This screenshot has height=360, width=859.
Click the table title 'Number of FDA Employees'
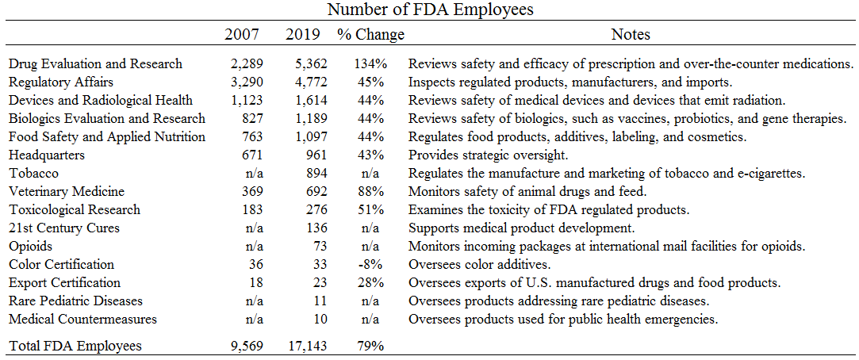(429, 10)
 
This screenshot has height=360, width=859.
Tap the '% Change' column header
(370, 34)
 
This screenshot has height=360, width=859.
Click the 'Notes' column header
(631, 34)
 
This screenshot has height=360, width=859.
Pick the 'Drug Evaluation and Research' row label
(95, 63)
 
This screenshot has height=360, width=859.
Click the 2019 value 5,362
(303, 63)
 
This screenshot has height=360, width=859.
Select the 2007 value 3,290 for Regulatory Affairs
(245, 82)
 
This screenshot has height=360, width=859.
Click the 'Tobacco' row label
(33, 174)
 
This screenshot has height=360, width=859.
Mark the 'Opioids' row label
(32, 247)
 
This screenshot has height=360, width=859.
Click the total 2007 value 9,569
(245, 346)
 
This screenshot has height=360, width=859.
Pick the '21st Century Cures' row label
(64, 228)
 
